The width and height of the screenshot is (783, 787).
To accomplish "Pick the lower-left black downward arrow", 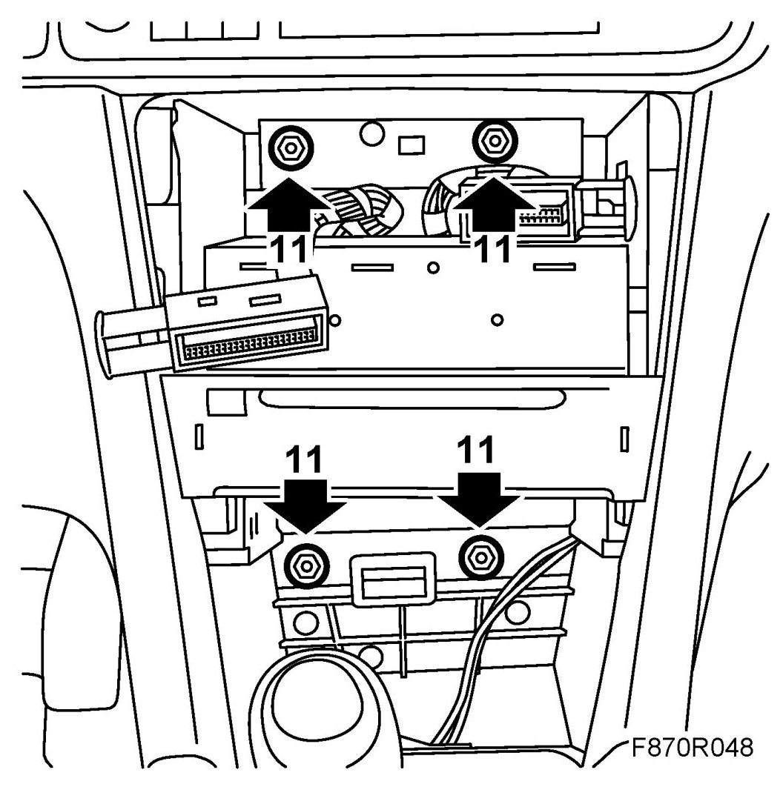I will point(306,504).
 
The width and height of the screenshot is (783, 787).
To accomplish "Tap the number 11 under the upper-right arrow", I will point(492,249).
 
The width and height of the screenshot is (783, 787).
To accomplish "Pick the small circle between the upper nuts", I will point(371,134).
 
